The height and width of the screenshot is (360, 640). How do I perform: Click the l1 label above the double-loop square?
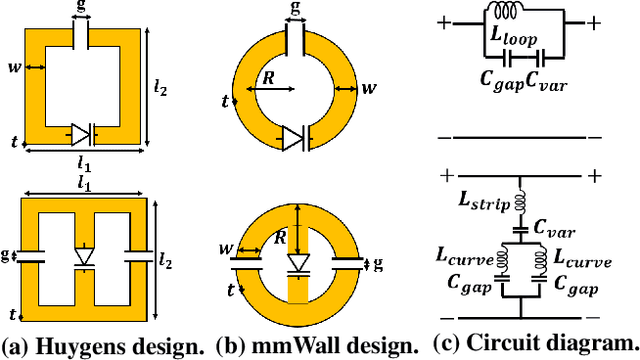point(85,183)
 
